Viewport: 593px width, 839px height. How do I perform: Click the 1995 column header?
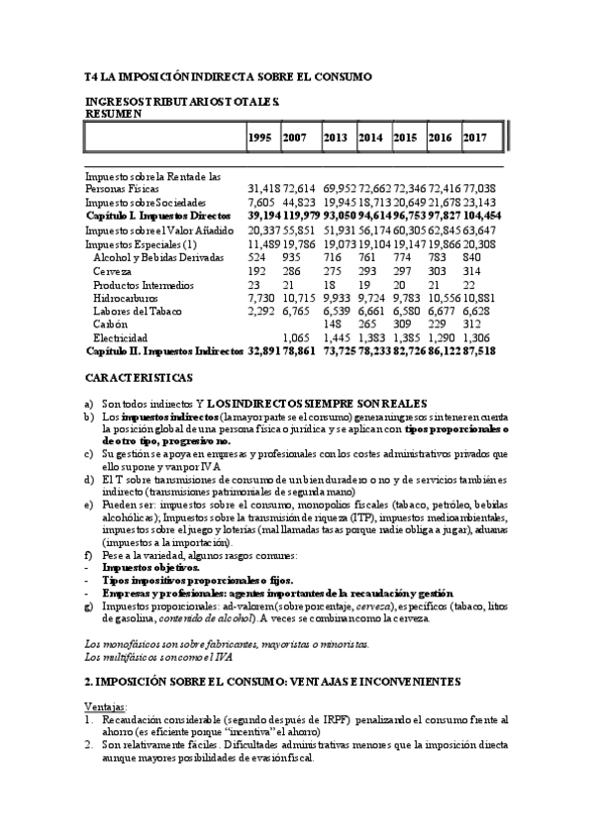coord(259,137)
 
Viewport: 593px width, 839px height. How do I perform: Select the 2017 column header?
coord(474,137)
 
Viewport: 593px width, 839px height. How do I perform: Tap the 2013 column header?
coord(335,137)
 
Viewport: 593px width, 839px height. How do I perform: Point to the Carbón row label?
coord(109,324)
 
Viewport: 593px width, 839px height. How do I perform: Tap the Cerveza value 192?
coord(256,270)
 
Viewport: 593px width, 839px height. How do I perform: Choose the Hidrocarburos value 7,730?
coord(261,297)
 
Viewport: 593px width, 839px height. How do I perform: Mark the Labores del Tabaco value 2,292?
coord(261,310)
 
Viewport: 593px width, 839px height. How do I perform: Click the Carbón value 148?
coord(333,324)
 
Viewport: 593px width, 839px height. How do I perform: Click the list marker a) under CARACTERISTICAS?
coord(89,402)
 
